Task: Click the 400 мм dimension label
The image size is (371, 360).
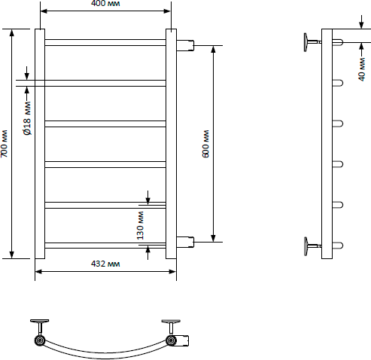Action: [x=105, y=4]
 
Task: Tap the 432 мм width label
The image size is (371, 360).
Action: [x=105, y=264]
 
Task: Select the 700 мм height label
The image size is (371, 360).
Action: [x=4, y=144]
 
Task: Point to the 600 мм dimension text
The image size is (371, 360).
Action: [x=205, y=144]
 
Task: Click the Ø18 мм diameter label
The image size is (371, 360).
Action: [x=28, y=118]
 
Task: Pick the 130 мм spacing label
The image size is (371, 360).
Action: [x=141, y=225]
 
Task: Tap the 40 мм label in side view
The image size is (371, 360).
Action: [x=361, y=69]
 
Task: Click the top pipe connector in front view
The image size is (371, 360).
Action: [x=185, y=45]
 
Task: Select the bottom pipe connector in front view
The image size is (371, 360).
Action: [x=185, y=242]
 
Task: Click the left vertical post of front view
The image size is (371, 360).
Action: [x=40, y=144]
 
